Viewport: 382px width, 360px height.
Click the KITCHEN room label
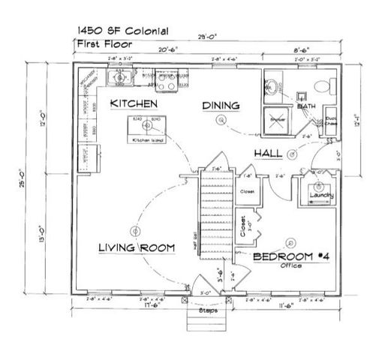133,102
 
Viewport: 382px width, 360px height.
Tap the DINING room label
220,106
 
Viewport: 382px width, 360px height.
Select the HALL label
268,152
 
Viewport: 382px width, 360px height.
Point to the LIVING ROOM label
137,247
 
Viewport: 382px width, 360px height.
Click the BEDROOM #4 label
292,256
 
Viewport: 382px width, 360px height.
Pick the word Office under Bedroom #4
292,265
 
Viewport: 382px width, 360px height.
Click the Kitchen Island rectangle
147,129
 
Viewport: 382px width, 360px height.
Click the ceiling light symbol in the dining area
221,120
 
